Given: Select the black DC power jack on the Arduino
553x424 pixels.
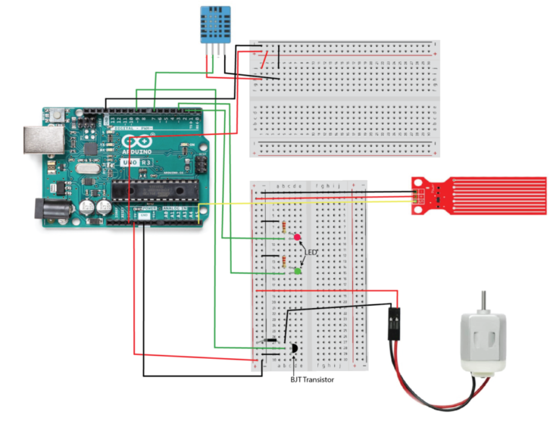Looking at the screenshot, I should point(47,209).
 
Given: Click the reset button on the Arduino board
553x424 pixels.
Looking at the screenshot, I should point(58,114).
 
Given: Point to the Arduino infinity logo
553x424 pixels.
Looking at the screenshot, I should point(137,142).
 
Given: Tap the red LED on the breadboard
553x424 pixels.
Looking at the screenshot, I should point(297,238).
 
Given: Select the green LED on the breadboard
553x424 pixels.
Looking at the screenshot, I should point(298,270).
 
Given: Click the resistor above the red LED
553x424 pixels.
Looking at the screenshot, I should point(283,226).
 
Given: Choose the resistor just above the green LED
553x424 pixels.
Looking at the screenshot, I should point(283,261).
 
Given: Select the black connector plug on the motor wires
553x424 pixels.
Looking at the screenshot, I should point(394,323).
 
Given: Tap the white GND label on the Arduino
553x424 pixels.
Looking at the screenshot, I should point(144,216).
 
